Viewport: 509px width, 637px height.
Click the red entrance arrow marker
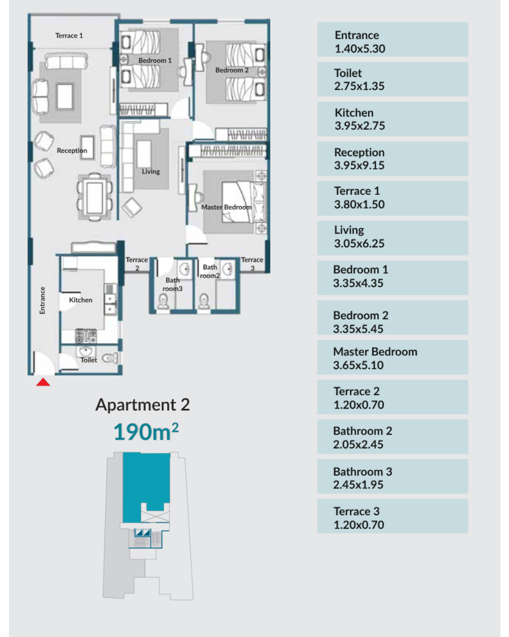click(x=43, y=382)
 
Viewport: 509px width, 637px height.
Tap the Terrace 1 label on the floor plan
click(x=69, y=35)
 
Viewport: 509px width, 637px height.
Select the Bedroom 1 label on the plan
click(x=155, y=60)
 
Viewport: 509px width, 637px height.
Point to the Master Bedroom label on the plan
click(x=226, y=207)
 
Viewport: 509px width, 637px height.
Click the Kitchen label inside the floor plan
click(x=81, y=300)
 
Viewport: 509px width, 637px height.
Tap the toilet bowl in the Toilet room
click(x=110, y=358)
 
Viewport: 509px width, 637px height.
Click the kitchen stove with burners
click(x=86, y=336)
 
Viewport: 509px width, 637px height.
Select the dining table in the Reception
click(x=95, y=197)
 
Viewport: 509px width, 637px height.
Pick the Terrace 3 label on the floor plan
click(x=252, y=264)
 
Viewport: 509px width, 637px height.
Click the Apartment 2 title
click(x=142, y=405)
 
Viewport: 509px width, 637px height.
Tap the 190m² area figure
click(x=146, y=432)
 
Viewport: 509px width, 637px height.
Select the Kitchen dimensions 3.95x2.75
click(x=360, y=126)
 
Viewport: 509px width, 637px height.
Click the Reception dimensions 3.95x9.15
click(x=359, y=166)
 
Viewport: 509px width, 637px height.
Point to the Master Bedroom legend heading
click(x=375, y=352)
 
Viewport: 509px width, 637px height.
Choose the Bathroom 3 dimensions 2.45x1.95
click(x=358, y=485)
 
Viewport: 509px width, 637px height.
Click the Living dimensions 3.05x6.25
click(x=359, y=243)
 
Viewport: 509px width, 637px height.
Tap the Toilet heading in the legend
click(x=348, y=73)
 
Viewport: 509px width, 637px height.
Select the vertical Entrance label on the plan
click(x=42, y=300)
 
